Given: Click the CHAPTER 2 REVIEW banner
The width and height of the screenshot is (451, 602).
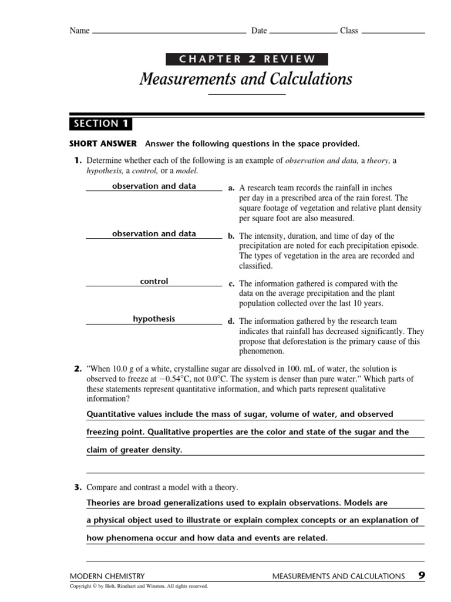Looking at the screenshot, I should coord(247,59).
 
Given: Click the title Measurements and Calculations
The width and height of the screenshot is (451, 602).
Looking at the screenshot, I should coord(246,78).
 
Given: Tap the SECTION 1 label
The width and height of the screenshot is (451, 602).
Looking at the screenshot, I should coord(100,123).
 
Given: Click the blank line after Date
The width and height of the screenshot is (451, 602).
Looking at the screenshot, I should coord(303,32).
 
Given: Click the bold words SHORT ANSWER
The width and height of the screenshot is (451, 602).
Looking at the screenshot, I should coord(103,143).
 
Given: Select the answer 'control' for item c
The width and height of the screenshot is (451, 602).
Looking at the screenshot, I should coord(154,282).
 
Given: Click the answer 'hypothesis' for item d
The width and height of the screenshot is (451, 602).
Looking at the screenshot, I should coord(154,319).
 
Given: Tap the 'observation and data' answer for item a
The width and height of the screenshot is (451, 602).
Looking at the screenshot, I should coord(154,186).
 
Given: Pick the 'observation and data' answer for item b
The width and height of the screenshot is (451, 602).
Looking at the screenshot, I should coord(154,234).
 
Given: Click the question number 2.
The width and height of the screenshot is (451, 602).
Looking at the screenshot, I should coord(77,369).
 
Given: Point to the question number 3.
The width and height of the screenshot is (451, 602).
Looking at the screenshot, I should coord(77,487).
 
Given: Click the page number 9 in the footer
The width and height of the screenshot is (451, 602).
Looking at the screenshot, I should coord(422,576).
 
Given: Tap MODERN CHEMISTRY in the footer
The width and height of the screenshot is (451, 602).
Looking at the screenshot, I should coord(107,577).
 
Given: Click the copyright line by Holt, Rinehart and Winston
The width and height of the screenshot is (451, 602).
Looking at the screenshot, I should coord(139,586).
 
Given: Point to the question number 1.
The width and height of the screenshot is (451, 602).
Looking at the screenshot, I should coord(77,160).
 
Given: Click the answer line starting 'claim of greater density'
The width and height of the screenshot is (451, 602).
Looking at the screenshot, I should coord(134,450).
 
